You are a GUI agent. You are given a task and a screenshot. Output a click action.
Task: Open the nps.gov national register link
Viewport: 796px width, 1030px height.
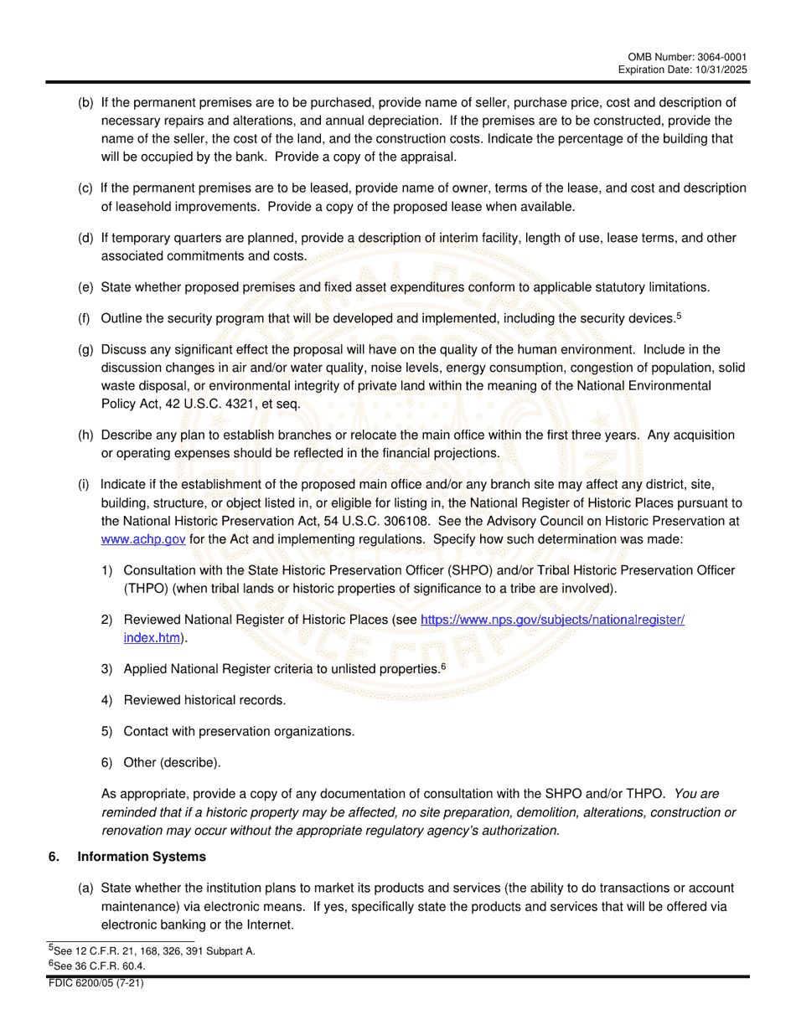coord(552,621)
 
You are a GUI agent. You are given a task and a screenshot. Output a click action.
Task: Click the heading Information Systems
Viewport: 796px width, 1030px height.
coord(141,857)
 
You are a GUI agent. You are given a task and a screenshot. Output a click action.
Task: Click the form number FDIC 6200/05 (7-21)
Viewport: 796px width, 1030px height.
coord(96,984)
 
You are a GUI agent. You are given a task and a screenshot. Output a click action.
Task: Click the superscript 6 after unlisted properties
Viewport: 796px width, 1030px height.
coord(443,666)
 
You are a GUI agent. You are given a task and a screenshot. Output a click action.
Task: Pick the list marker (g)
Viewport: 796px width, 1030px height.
coord(85,349)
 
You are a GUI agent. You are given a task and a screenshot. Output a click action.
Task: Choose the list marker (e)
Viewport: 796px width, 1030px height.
coord(85,287)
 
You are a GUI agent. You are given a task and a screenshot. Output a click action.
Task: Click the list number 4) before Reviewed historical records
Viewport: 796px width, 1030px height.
coord(107,700)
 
